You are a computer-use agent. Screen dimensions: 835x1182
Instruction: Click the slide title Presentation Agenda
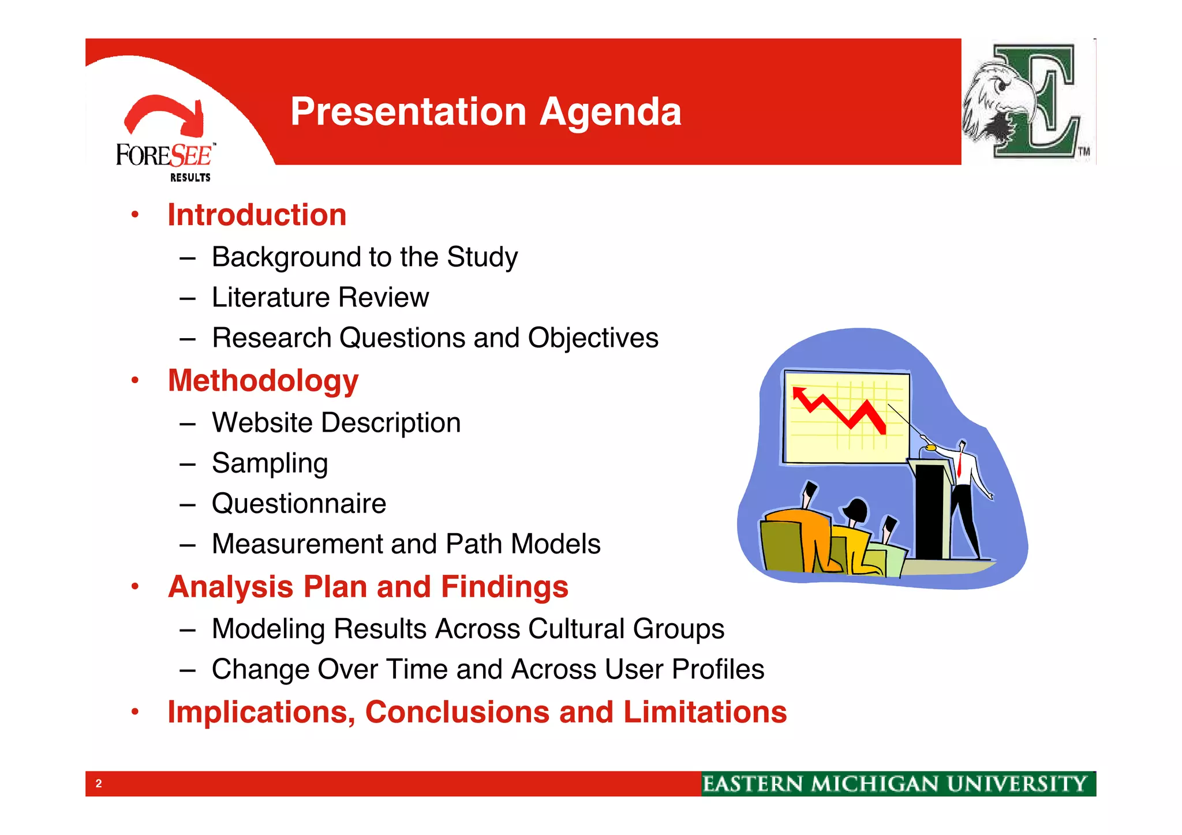pos(485,111)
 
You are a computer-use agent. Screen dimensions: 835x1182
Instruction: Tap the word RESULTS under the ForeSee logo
pos(190,178)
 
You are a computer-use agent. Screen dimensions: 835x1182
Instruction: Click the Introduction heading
pos(257,215)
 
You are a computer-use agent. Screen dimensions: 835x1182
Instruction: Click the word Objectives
pos(593,338)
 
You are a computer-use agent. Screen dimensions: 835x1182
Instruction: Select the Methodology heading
pos(263,381)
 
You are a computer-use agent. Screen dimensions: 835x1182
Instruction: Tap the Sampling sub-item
pos(270,463)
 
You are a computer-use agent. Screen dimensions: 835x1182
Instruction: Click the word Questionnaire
pos(298,504)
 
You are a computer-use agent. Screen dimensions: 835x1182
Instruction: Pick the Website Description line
pos(336,423)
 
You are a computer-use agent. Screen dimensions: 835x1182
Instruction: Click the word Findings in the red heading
pos(504,587)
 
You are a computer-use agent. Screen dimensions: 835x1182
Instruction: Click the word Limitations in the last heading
pos(705,712)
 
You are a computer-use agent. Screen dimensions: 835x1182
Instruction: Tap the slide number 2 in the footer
pos(99,784)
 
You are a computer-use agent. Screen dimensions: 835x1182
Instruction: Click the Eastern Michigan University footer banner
pos(897,784)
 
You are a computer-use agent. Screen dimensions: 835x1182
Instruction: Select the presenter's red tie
pos(959,464)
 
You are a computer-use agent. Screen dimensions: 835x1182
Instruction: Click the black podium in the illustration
pos(929,511)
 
